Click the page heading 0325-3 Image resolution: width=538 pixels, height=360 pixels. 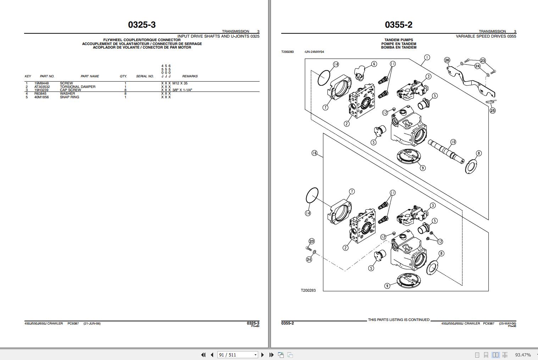(x=142, y=25)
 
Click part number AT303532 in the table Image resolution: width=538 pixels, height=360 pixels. (x=42, y=87)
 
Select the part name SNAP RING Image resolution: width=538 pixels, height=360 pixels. (x=70, y=97)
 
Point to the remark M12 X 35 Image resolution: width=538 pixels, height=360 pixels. (x=180, y=83)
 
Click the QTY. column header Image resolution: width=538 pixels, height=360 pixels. (x=123, y=76)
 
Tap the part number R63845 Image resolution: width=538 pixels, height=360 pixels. (x=40, y=94)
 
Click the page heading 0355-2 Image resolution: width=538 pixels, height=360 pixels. (x=399, y=25)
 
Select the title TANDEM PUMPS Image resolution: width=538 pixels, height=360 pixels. (x=399, y=40)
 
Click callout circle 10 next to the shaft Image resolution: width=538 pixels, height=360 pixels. (x=453, y=142)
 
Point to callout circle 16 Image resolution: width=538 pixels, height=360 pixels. (x=314, y=153)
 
